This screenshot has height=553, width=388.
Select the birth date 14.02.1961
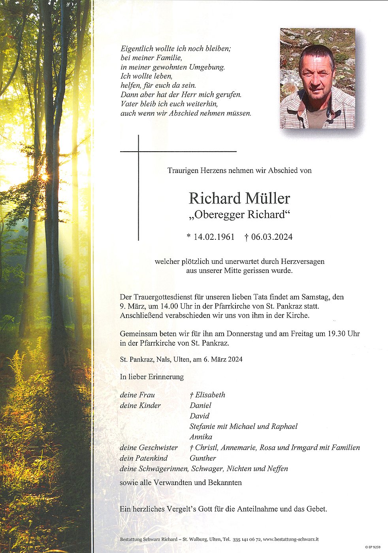(x=214, y=237)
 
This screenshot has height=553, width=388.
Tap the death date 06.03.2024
(x=271, y=237)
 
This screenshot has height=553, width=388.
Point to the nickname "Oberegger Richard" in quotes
(x=239, y=215)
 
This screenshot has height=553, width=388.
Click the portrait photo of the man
(x=317, y=78)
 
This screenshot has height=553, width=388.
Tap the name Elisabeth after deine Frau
(x=210, y=395)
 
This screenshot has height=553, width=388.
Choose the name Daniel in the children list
(x=200, y=405)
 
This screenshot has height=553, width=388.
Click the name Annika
(x=201, y=437)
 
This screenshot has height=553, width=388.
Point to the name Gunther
(x=203, y=458)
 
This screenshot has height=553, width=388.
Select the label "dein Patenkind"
(x=143, y=458)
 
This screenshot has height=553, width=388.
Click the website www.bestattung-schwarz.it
(x=290, y=539)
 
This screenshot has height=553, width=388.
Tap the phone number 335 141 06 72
(x=247, y=539)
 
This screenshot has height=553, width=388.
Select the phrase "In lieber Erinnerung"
(x=152, y=377)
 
